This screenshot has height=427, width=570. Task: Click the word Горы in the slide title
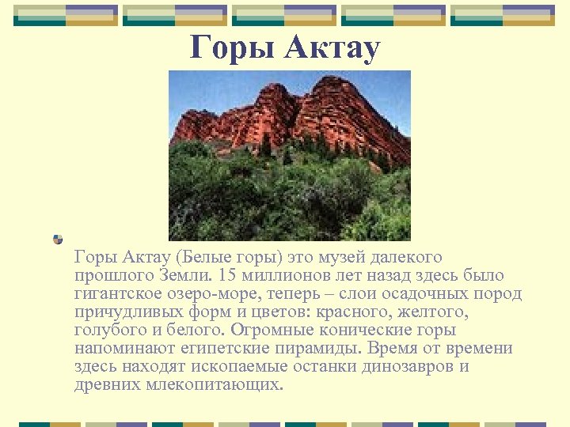pyautogui.click(x=230, y=49)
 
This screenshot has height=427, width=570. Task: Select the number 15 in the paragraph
pyautogui.click(x=226, y=276)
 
